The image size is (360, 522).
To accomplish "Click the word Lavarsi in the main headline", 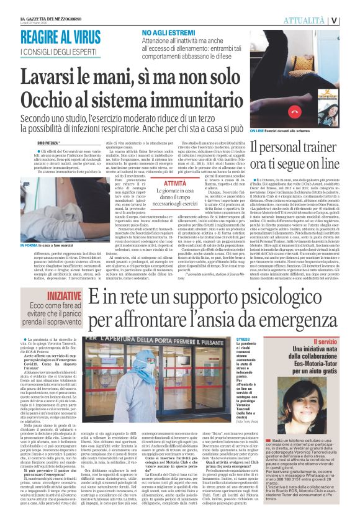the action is pyautogui.click(x=59, y=76).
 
